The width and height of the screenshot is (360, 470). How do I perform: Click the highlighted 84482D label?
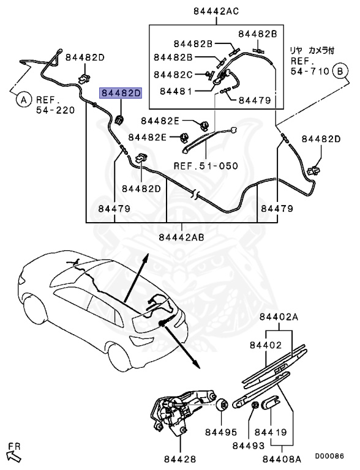pos(121,93)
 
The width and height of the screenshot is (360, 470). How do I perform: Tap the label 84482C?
pos(173,75)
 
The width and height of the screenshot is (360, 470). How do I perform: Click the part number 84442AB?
pos(181,237)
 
